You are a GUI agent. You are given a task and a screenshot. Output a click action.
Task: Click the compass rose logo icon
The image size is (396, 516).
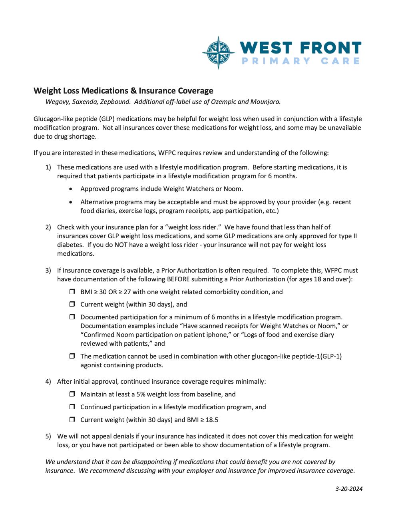(218, 53)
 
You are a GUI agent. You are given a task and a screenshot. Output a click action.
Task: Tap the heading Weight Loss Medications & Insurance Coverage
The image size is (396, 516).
(123, 91)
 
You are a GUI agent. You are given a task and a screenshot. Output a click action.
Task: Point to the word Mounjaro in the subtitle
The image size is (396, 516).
(265, 102)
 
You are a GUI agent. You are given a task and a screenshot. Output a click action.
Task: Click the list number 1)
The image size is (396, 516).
(48, 167)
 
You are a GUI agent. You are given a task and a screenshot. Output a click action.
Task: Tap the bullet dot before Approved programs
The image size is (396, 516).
(71, 189)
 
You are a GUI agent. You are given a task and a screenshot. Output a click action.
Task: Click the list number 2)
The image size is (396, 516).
(48, 227)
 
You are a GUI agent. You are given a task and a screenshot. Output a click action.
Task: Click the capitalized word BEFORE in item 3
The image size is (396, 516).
(179, 279)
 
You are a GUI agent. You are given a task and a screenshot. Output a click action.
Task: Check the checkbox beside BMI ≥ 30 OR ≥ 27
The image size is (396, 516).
(72, 292)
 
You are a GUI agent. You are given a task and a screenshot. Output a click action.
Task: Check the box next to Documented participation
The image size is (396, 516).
(72, 317)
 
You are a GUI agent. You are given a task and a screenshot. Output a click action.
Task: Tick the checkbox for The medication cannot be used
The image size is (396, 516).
(72, 356)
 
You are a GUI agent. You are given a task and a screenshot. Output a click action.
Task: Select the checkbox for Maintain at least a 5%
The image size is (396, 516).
(72, 394)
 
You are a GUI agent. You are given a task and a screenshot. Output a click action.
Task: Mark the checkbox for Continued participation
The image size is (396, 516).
(72, 407)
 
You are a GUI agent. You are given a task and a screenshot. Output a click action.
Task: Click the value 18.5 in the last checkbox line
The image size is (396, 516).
(212, 420)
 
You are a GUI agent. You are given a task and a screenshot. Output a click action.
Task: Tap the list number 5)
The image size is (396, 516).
(48, 436)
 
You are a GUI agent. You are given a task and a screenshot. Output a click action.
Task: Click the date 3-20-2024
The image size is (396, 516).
(349, 488)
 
